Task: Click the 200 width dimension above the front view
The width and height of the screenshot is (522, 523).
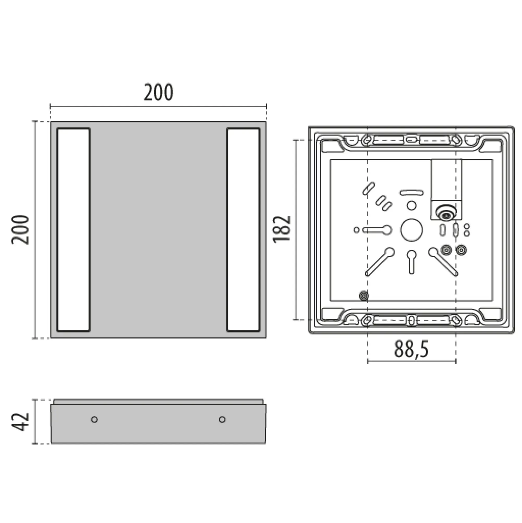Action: point(158,92)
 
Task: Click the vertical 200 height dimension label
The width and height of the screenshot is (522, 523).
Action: point(20,230)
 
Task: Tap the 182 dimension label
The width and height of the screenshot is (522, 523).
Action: point(282,229)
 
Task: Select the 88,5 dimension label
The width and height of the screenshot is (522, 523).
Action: point(411,349)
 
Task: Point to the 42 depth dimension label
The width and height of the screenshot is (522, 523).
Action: point(20,421)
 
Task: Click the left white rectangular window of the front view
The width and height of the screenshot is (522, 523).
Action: point(73,230)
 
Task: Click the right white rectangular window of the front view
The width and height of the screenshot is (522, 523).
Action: point(244,230)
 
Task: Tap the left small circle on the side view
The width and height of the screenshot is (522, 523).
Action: point(94,420)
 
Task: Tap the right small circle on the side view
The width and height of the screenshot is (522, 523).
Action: point(222,420)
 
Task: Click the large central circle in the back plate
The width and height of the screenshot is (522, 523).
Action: point(411,230)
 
